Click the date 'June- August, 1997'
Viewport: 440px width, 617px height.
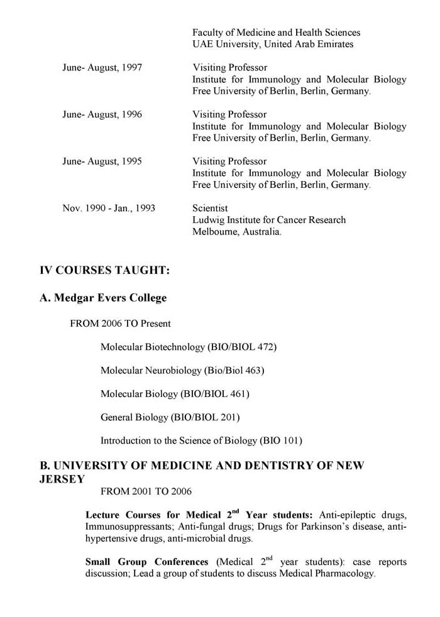pyautogui.click(x=102, y=68)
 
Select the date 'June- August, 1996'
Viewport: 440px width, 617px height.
pyautogui.click(x=102, y=114)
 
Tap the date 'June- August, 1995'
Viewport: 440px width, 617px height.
pyautogui.click(x=102, y=161)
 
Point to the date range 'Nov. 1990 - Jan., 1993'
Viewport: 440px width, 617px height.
pyautogui.click(x=109, y=208)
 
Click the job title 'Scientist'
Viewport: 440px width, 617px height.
pyautogui.click(x=210, y=208)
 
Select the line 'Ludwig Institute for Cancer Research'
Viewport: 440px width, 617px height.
pyautogui.click(x=269, y=220)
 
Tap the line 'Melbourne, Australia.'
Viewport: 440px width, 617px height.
pyautogui.click(x=237, y=232)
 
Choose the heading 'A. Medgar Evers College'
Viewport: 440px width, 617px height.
pyautogui.click(x=104, y=298)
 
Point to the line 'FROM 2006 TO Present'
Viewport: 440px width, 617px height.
pyautogui.click(x=120, y=324)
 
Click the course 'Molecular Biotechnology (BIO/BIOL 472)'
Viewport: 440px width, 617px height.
pyautogui.click(x=189, y=347)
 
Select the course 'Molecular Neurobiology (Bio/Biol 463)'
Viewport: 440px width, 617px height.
pyautogui.click(x=182, y=371)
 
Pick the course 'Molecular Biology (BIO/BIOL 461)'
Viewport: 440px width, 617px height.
pyautogui.click(x=175, y=394)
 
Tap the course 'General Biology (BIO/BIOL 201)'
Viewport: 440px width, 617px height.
pyautogui.click(x=170, y=417)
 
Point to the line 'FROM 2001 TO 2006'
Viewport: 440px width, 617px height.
pyautogui.click(x=150, y=491)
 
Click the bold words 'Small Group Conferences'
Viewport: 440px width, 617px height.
pyautogui.click(x=146, y=562)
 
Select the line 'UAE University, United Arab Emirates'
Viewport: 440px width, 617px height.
pyautogui.click(x=273, y=44)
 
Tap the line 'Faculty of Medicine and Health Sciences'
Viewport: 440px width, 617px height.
pyautogui.click(x=277, y=32)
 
